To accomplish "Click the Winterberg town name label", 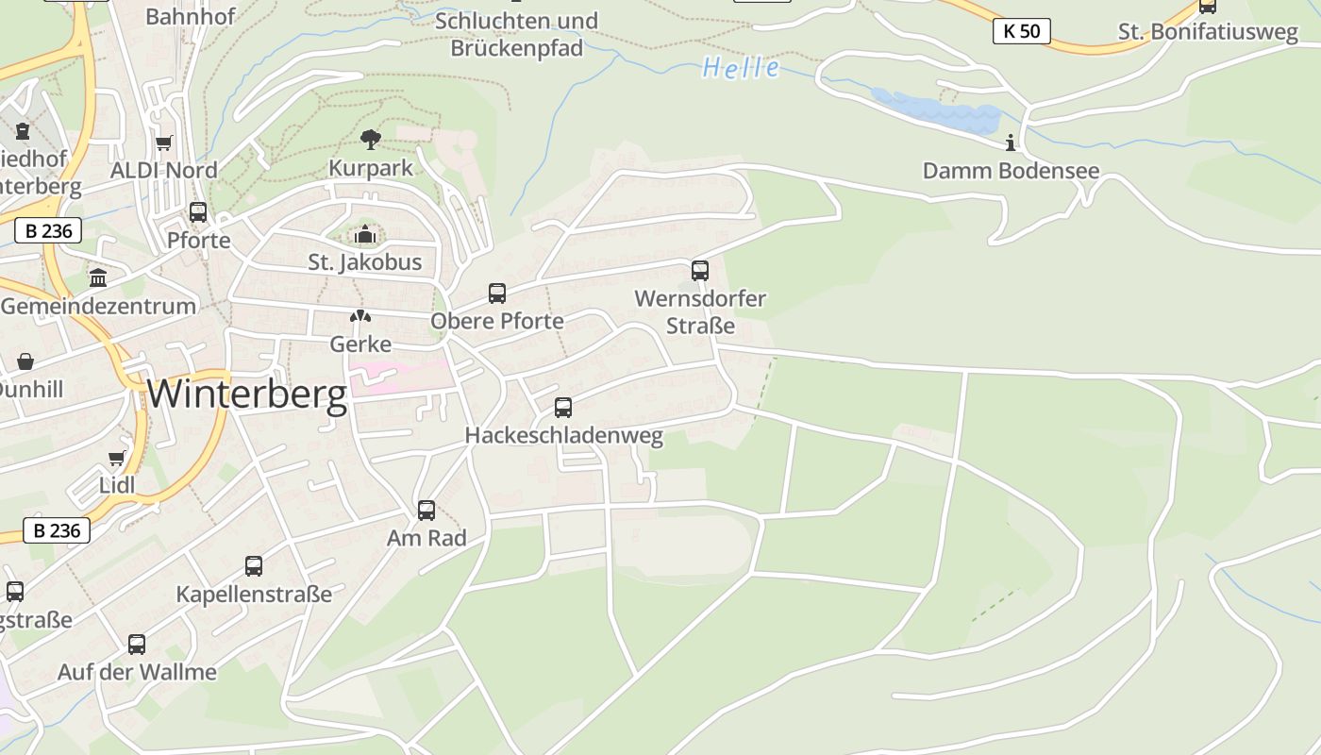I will coord(247,394).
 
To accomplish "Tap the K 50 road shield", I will coord(1021,31).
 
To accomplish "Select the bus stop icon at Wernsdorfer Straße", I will coord(699,271).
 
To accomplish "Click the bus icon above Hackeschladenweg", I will coord(563,408).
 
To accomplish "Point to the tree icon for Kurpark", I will coord(371,140).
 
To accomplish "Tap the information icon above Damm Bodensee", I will coord(1011,143).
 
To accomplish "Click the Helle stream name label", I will coord(741,68).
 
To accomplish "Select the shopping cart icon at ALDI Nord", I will coord(164,143).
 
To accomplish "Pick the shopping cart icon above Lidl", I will coord(117,459).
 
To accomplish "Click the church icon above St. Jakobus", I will coord(365,234).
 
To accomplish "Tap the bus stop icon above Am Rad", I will coord(426,511).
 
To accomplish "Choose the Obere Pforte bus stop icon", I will coord(497,294).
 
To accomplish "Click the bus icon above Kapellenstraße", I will coord(254,566).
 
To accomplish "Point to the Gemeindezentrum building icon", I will coord(98,277).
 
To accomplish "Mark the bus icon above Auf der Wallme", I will coord(137,645).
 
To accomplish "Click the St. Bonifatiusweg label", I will coord(1208,31).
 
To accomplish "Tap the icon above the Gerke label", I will coord(360,317).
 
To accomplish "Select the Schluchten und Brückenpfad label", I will coord(516,34).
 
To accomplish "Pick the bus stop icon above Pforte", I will coord(198,212).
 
